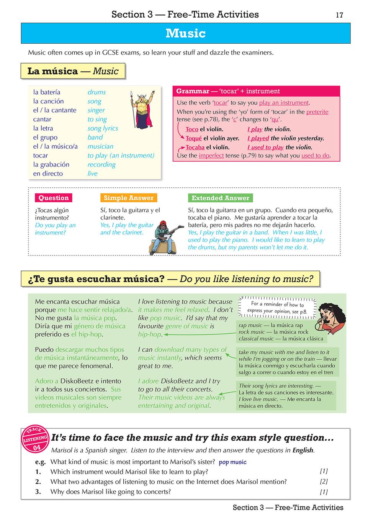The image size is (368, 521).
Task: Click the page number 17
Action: (339, 15)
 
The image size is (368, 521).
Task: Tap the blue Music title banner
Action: (186, 33)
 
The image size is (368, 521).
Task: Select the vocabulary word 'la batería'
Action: (47, 92)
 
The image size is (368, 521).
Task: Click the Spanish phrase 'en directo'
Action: (48, 174)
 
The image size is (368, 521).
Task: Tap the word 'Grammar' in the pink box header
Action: (193, 91)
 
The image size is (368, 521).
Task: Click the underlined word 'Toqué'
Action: (193, 138)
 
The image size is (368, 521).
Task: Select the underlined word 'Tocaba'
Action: (195, 147)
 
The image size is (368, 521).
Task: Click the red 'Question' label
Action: (54, 198)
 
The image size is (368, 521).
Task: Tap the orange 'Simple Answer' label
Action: (128, 198)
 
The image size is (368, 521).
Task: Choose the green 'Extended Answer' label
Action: (220, 198)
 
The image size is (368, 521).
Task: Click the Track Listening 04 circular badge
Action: (35, 439)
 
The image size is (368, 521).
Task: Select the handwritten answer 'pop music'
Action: (232, 462)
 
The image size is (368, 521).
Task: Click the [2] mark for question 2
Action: (324, 482)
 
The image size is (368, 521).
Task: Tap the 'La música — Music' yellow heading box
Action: (73, 71)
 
